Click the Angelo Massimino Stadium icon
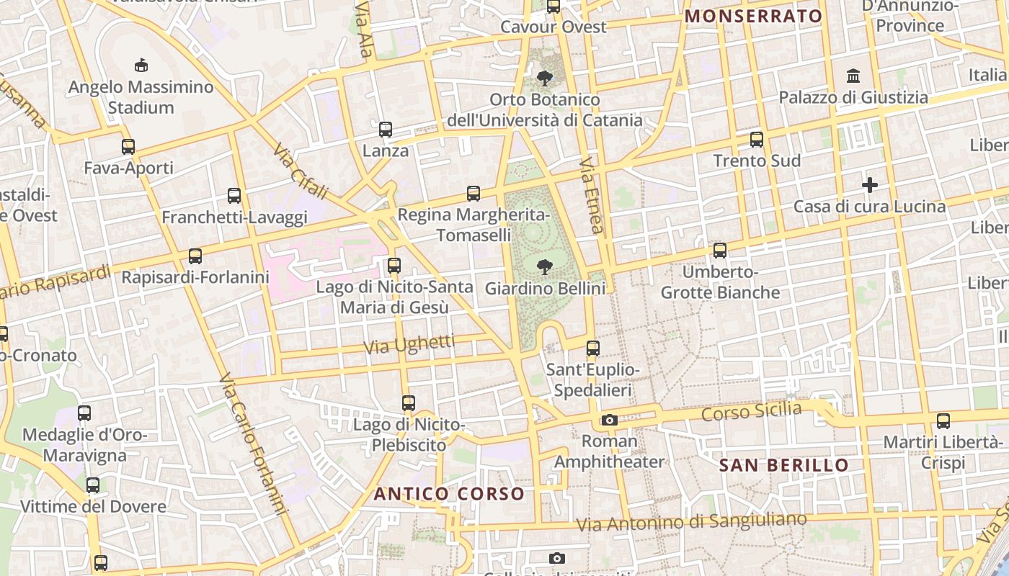pos(141,66)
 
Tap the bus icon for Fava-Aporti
pos(128,147)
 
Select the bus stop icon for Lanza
pos(386,130)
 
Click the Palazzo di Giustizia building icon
pos(854,76)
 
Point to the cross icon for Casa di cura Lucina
pos(870,185)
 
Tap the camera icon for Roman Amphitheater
pos(610,420)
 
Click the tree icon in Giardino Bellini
pos(545,268)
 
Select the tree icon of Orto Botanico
pos(545,78)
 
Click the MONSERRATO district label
pos(753,16)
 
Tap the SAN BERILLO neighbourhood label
pos(784,465)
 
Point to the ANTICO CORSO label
pos(449,494)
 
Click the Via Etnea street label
pos(591,195)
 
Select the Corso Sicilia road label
pos(752,412)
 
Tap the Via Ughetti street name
pos(409,344)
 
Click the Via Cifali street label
pos(301,171)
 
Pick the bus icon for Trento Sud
pos(757,140)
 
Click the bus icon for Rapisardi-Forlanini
pos(195,256)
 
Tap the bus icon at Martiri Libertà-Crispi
pos(943,421)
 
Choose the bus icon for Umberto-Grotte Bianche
pos(720,251)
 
